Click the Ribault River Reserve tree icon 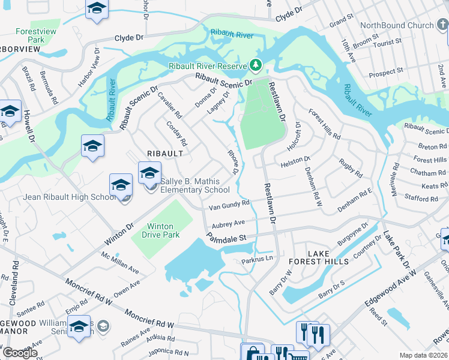coord(256,64)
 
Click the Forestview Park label coord(31,35)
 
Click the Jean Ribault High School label coord(70,197)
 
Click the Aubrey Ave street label coord(226,223)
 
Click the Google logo coord(20,352)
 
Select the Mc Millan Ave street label coord(119,262)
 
